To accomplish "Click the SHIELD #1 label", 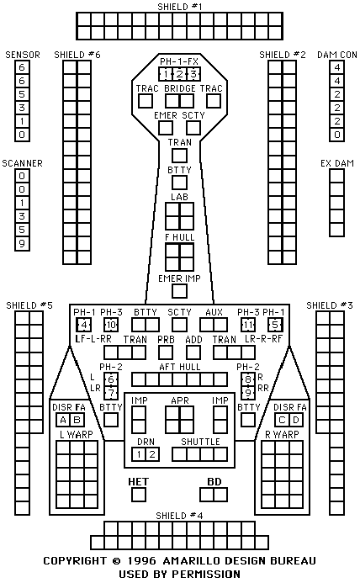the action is [180, 7].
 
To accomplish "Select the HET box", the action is [139, 495].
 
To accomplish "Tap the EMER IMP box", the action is [180, 291].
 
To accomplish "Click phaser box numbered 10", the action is [111, 325].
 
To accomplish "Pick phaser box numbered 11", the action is [248, 325].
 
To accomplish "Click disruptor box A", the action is [63, 420].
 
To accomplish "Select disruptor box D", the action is [296, 420].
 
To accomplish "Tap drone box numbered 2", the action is [152, 454].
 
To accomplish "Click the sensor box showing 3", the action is [22, 108].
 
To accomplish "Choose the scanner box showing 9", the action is [22, 244].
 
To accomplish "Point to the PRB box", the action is [166, 352].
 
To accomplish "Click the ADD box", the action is [193, 352].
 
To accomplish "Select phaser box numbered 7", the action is [111, 393].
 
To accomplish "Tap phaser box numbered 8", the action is [248, 379].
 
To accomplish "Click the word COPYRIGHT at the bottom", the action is [75, 560].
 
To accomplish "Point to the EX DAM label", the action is [337, 163].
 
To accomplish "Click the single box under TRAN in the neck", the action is [180, 156].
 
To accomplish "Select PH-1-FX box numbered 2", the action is [180, 74].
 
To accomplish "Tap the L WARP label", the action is [77, 434].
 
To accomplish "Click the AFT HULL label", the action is [180, 367].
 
